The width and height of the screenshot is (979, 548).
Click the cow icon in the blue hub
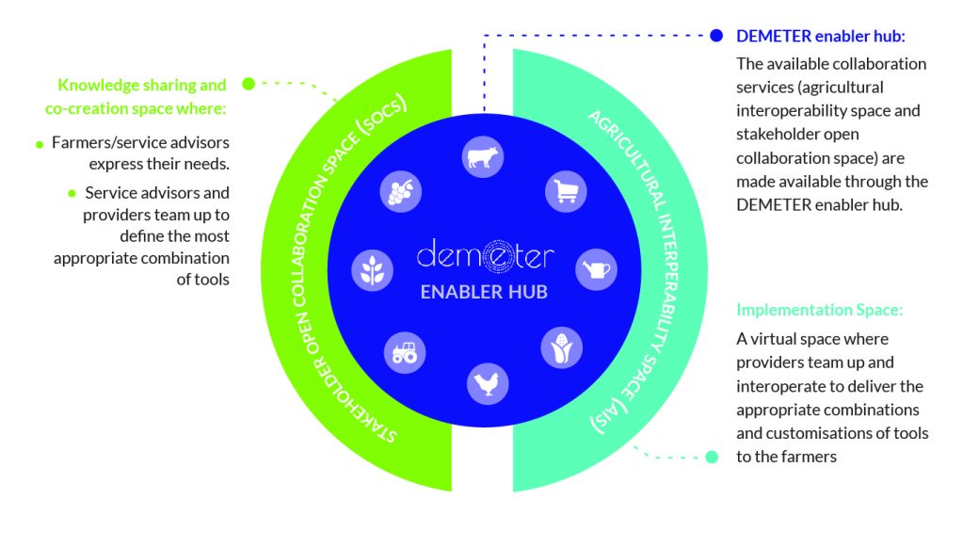coord(483,157)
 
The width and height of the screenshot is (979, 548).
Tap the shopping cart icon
coord(566,191)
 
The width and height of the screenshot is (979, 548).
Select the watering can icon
coord(596,269)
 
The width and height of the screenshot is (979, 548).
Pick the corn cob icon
coord(561,348)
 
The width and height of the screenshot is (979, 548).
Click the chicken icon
coord(488,383)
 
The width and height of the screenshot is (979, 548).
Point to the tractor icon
coord(405,352)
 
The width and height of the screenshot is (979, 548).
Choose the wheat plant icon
coord(372,270)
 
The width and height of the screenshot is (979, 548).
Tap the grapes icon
coord(401,191)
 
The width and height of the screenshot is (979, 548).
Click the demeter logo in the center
coord(485,255)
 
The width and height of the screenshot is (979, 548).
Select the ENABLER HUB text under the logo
coord(484,292)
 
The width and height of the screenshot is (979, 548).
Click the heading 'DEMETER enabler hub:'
coord(821,36)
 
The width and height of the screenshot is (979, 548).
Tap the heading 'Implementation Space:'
coord(819,310)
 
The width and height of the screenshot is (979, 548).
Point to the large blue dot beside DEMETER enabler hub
coord(716,36)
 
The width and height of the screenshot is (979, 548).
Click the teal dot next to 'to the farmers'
coord(711,457)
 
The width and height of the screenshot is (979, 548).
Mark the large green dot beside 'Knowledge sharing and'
coord(249,83)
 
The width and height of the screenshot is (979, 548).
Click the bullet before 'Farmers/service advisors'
coord(40,144)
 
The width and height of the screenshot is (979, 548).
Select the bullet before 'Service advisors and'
coord(72,194)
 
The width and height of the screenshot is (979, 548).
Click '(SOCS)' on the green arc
coord(381,114)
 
